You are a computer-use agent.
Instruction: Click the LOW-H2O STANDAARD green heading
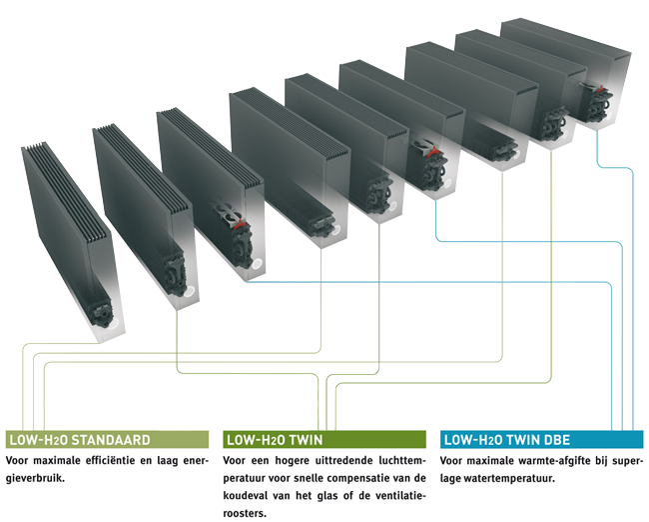tap(80, 439)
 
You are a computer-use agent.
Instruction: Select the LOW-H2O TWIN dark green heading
tap(276, 439)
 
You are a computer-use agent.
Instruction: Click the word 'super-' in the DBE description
tap(615, 461)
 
